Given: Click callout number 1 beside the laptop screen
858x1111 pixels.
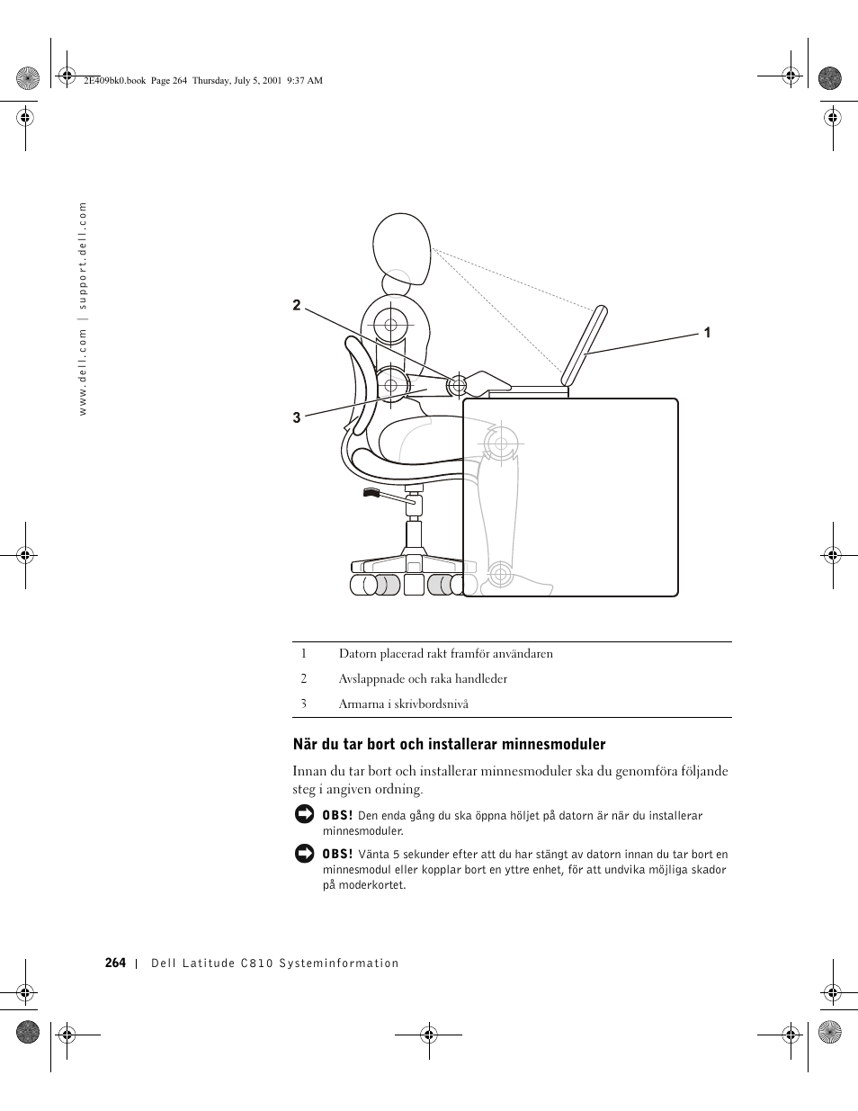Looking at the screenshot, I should pos(707,333).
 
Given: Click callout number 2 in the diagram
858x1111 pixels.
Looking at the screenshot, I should pos(297,306).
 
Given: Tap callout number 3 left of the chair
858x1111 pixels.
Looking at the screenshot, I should pos(297,417).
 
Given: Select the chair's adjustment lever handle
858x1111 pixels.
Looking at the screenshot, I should pos(372,493).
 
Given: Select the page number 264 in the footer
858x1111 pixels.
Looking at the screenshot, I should pos(115,963).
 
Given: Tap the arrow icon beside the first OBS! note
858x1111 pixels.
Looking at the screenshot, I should pos(304,814).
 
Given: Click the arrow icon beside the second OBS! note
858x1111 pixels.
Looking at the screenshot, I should pos(304,853).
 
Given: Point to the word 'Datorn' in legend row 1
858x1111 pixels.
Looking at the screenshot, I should pos(356,654).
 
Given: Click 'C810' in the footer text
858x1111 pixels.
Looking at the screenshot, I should pos(256,963).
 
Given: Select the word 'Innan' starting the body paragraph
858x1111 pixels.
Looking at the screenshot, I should pos(309,771).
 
